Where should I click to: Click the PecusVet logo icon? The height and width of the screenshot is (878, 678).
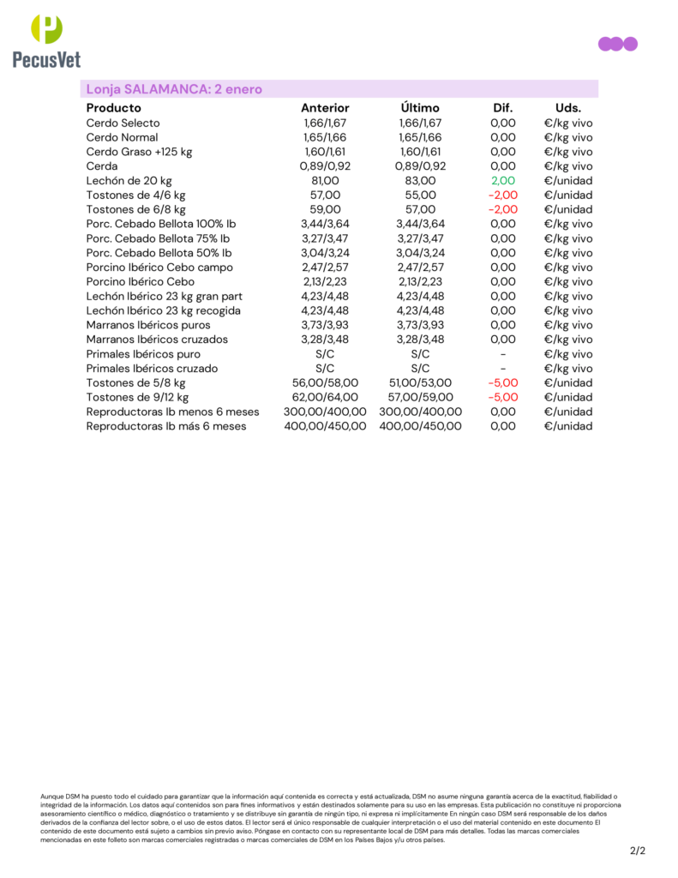pyautogui.click(x=46, y=29)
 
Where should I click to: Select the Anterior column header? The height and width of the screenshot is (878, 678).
pyautogui.click(x=325, y=108)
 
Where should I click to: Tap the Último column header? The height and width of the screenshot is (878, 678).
pyautogui.click(x=420, y=108)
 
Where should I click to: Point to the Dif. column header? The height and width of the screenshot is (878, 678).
pyautogui.click(x=502, y=108)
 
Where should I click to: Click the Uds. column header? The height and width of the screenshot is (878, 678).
pyautogui.click(x=567, y=108)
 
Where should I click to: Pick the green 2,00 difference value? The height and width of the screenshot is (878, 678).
pyautogui.click(x=502, y=181)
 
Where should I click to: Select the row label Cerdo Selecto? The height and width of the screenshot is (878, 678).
pyautogui.click(x=123, y=123)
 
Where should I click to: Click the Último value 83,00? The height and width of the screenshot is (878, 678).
pyautogui.click(x=420, y=181)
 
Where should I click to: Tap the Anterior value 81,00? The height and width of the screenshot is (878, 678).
pyautogui.click(x=325, y=181)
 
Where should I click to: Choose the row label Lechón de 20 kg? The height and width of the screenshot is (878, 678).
pyautogui.click(x=129, y=181)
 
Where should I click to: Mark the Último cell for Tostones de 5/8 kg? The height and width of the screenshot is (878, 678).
pyautogui.click(x=420, y=383)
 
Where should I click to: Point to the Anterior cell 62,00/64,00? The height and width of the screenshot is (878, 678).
pyautogui.click(x=325, y=398)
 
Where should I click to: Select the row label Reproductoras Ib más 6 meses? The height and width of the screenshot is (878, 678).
pyautogui.click(x=165, y=426)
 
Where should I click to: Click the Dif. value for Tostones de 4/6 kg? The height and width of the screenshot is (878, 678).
pyautogui.click(x=502, y=195)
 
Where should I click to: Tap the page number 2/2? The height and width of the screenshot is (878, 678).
pyautogui.click(x=637, y=851)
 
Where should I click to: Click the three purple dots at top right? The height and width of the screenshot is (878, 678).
pyautogui.click(x=617, y=44)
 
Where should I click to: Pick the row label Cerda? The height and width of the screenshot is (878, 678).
pyautogui.click(x=102, y=166)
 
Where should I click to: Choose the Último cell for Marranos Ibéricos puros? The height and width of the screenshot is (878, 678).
pyautogui.click(x=420, y=326)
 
